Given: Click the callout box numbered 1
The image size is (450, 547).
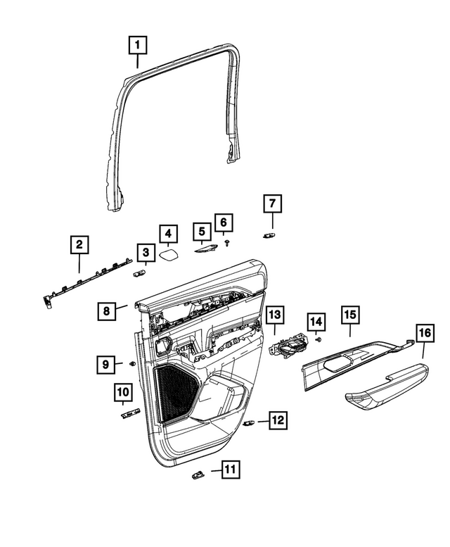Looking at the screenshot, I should [x=138, y=46].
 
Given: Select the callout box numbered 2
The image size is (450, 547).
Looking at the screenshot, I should [x=79, y=245].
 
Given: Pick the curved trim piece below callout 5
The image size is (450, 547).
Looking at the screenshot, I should [x=205, y=245].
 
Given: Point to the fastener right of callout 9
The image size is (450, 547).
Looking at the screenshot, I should [x=133, y=363].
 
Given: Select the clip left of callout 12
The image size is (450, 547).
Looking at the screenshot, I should [x=250, y=423].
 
